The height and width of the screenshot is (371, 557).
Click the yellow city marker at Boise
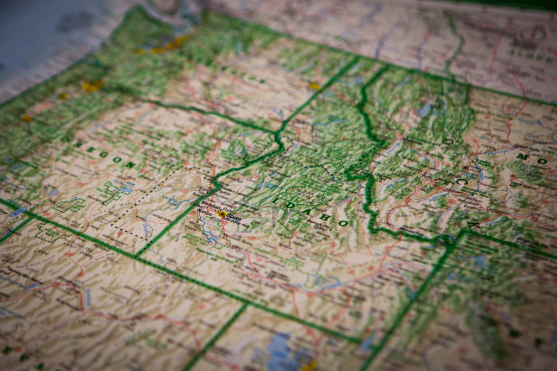tap(221, 214)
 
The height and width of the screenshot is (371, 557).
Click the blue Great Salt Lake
tap(283, 350)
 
